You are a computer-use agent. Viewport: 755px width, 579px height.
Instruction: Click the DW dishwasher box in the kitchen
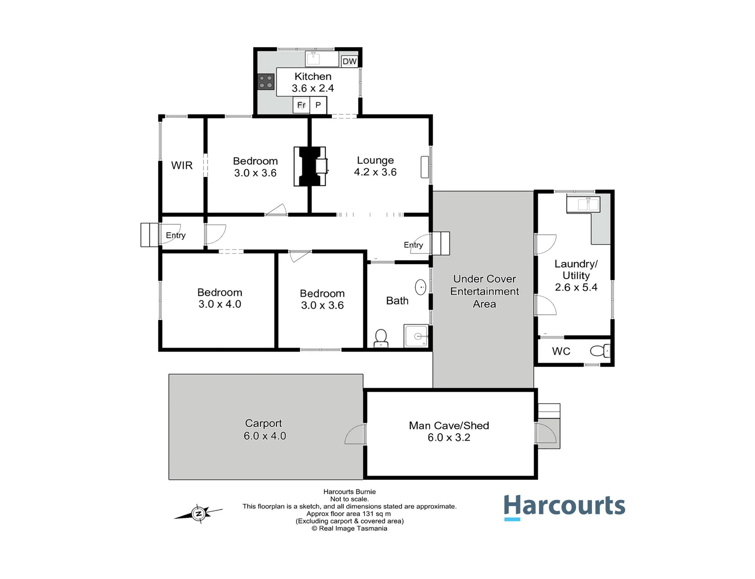350,61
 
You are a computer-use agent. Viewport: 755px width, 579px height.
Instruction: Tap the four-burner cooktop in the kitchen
266,82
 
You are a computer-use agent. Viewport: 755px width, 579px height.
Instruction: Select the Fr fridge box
301,105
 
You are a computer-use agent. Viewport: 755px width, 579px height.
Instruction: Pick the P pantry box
318,105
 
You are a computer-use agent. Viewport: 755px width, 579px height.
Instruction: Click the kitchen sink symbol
313,59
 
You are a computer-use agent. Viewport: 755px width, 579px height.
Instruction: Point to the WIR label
182,165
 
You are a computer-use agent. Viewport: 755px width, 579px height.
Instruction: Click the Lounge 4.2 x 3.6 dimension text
375,172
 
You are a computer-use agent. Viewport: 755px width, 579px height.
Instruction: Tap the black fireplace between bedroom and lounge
310,166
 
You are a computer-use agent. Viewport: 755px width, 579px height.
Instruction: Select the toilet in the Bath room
381,338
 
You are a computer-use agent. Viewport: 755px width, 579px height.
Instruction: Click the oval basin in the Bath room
421,287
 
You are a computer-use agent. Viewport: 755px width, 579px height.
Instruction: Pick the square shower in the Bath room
416,335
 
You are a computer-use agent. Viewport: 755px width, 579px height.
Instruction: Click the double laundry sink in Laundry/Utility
583,204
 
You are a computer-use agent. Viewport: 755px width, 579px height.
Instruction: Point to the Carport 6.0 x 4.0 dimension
265,436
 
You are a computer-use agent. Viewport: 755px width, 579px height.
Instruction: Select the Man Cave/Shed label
449,426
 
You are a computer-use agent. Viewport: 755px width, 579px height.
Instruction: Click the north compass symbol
199,514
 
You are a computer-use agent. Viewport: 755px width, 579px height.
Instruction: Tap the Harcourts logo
564,507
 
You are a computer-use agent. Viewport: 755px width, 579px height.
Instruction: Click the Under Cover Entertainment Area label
484,291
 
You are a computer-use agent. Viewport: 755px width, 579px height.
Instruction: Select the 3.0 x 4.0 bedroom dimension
220,304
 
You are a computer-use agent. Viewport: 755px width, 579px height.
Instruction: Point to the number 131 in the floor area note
368,514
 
